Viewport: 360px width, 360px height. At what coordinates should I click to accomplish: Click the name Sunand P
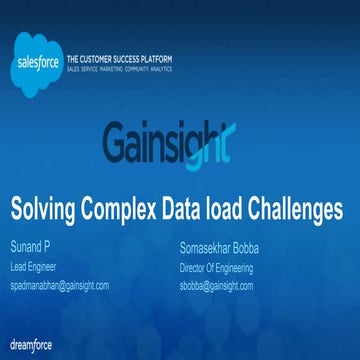click(x=31, y=247)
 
